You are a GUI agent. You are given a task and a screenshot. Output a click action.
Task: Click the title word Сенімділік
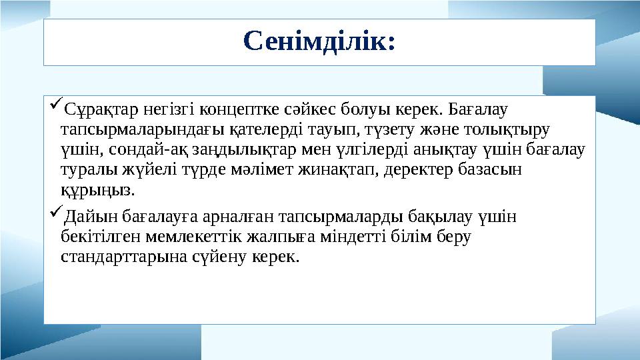tap(319, 41)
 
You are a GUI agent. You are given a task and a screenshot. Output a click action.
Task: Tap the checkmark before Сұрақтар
tap(55, 105)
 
